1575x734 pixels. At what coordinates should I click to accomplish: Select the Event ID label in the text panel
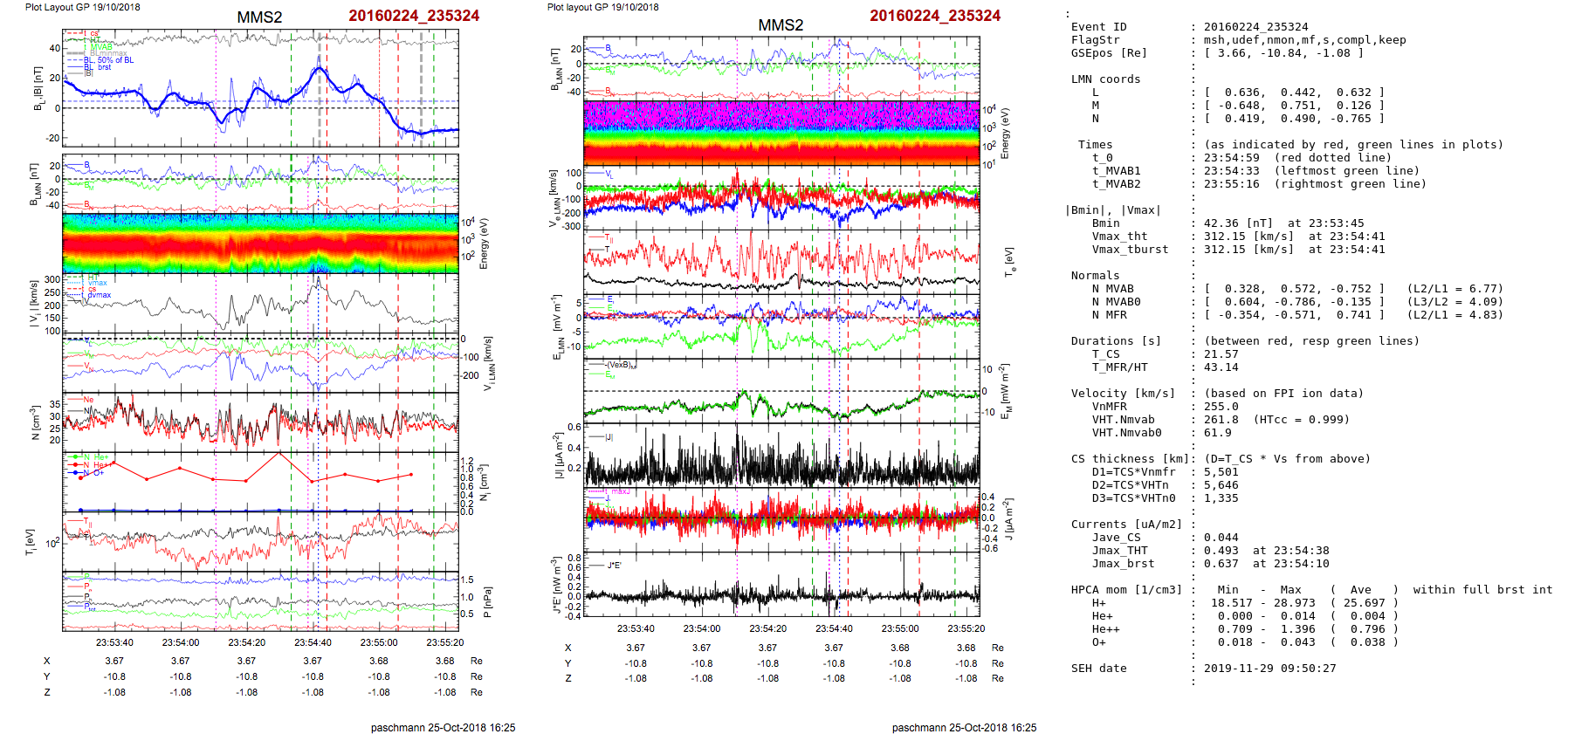1098,27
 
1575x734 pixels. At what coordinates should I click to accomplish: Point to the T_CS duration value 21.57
1221,354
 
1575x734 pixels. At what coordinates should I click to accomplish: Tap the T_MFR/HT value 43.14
1221,367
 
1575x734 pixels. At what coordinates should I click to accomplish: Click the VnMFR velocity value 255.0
1221,407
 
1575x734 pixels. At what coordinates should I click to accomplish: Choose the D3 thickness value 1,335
1221,498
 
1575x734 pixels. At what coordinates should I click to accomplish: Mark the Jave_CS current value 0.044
1221,538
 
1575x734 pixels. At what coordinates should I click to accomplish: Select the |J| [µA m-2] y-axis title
555,455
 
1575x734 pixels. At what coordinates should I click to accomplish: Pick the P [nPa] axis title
487,601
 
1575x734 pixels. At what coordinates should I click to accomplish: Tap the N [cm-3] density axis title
36,422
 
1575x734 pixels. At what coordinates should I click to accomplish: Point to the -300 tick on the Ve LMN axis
572,227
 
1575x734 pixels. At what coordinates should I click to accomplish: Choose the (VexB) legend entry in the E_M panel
621,365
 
